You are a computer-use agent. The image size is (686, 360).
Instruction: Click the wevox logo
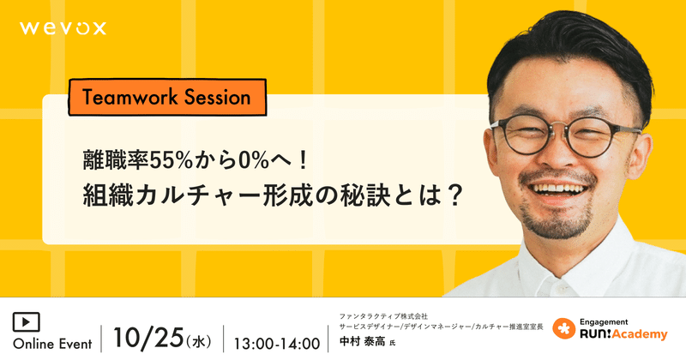63,28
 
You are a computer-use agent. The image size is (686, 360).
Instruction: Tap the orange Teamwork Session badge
167,97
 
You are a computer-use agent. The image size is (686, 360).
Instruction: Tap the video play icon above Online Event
27,322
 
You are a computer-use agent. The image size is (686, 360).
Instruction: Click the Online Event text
52,344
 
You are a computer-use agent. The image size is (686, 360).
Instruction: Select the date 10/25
147,338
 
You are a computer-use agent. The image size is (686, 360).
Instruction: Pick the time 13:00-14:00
277,344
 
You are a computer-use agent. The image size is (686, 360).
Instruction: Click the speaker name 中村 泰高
362,341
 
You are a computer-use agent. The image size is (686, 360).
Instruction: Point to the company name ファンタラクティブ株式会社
383,316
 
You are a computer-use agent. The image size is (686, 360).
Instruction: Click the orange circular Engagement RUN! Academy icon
564,329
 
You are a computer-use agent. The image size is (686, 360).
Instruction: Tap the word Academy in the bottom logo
639,334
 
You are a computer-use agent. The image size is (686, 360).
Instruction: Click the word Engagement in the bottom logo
604,322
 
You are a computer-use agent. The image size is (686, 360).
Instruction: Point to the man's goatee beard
559,221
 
